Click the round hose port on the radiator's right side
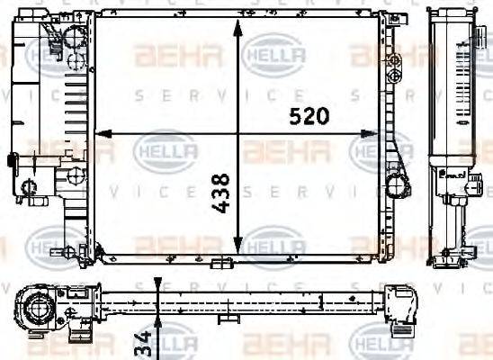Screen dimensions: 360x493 coord(395,189)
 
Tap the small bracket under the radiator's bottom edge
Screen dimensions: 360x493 coord(222,263)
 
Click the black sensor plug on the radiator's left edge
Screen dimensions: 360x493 coord(12,161)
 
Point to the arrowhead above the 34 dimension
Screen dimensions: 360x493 coord(157,289)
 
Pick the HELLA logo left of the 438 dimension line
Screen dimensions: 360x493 coord(165,151)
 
